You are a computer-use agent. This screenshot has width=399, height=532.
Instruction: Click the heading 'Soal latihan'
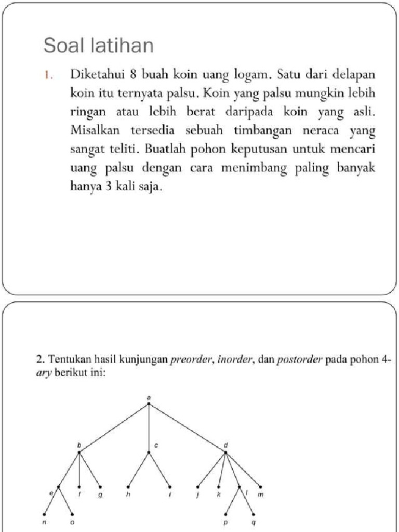click(x=99, y=46)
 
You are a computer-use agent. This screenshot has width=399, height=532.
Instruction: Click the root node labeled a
click(x=149, y=403)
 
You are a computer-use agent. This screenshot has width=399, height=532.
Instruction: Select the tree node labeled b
click(x=79, y=452)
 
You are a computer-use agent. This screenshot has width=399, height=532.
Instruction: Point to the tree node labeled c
click(x=149, y=452)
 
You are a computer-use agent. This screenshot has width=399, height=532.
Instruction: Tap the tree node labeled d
click(x=225, y=452)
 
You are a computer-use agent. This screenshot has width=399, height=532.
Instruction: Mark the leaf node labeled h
click(x=128, y=487)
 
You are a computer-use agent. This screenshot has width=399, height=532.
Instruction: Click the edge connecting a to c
click(x=149, y=427)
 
